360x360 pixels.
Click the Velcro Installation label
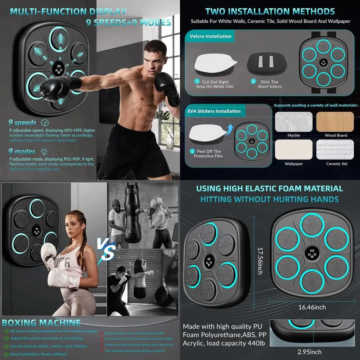pos(211,36)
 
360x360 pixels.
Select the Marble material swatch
pos(294,122)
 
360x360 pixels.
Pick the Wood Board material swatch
pos(336,122)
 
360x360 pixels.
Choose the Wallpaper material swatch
pos(294,149)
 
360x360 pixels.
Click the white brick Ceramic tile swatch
pos(336,149)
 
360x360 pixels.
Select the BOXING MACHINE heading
pos(41,323)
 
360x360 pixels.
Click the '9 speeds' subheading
pos(22,123)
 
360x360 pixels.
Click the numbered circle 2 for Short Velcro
pos(253,82)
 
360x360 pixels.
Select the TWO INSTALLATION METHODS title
pos(270,12)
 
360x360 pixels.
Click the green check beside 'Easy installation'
pos(6,354)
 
